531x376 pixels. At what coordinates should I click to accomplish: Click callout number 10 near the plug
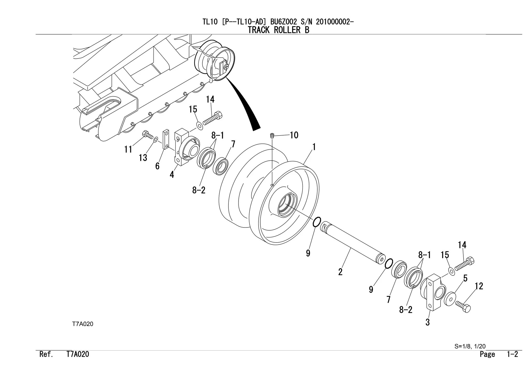click(x=294, y=135)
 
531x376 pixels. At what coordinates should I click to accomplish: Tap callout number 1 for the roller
click(x=314, y=147)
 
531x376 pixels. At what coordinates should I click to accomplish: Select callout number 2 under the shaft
click(x=340, y=272)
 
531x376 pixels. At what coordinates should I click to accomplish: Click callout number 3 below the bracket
click(x=428, y=322)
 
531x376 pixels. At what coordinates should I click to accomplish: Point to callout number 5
click(x=465, y=278)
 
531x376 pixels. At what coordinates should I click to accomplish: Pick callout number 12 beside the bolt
click(x=479, y=286)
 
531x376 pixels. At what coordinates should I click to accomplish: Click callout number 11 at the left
click(x=128, y=149)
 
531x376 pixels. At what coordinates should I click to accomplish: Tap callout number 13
click(x=143, y=158)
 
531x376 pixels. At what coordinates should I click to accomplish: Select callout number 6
click(x=157, y=166)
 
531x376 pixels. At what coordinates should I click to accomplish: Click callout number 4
click(x=172, y=174)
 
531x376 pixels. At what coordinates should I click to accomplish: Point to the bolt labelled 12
click(x=463, y=306)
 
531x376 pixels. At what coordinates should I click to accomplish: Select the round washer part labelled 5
click(x=450, y=299)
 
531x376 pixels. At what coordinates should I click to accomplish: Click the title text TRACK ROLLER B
click(x=278, y=30)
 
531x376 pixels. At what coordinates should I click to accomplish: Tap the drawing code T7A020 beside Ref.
click(x=78, y=354)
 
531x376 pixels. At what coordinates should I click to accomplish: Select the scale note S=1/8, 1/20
click(x=470, y=346)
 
